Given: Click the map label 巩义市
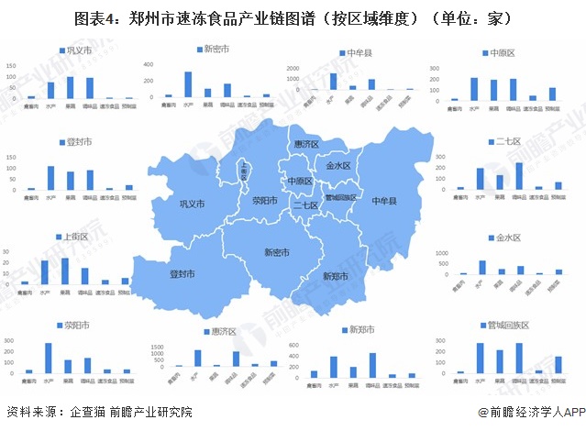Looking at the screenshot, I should tap(192, 204).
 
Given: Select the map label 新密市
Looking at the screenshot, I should tap(276, 252).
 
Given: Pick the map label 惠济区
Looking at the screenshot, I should tap(305, 145).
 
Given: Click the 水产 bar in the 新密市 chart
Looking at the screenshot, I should tap(188, 84).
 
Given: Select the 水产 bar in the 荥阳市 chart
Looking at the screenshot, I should tap(49, 358).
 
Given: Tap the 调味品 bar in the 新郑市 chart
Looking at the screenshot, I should tap(372, 365).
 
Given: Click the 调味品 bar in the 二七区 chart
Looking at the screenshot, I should tap(519, 176).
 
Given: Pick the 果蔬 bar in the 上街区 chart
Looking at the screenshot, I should tap(64, 271).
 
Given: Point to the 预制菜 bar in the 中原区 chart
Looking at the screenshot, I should tap(553, 94).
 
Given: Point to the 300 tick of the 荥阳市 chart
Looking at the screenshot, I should tap(9, 342).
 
